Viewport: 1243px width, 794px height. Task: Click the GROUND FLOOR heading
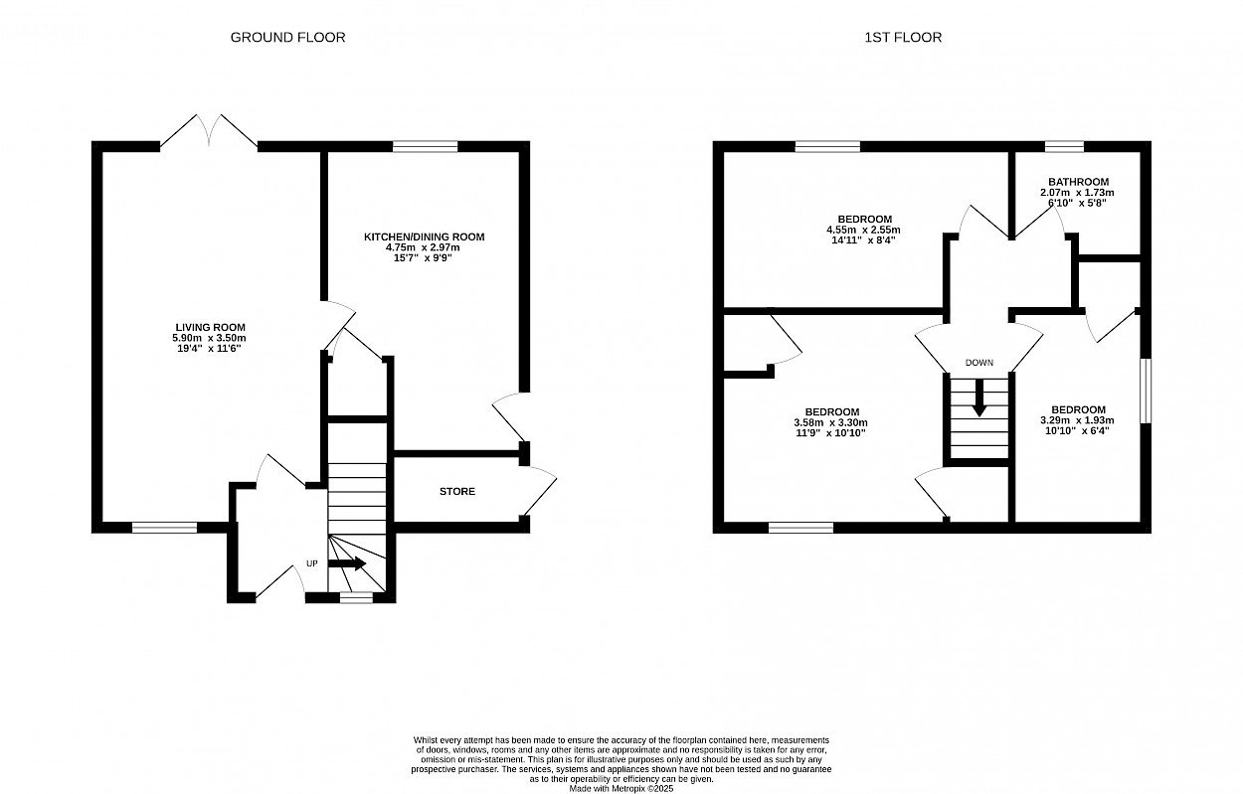pos(287,37)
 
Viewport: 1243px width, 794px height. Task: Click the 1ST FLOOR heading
pos(903,37)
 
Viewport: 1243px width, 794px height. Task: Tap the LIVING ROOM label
pos(210,328)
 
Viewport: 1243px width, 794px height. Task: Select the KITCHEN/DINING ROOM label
pos(424,238)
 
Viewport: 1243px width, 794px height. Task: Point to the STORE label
pos(457,491)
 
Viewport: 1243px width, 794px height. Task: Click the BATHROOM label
pos(1078,182)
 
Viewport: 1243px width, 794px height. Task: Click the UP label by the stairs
pos(312,563)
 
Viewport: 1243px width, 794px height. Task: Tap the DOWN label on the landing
pos(979,363)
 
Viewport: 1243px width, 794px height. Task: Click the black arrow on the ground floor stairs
pos(347,563)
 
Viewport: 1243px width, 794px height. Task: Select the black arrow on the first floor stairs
pos(979,397)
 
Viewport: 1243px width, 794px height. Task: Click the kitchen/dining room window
pos(425,146)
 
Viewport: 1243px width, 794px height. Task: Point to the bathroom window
pos(1064,146)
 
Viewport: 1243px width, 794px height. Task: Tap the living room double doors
pos(209,131)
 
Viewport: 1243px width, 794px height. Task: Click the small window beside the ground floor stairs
pos(356,597)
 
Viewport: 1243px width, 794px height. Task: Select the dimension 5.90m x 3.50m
pos(209,338)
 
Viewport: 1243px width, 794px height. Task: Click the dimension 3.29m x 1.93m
pos(1077,420)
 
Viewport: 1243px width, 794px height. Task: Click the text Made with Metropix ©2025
pos(621,788)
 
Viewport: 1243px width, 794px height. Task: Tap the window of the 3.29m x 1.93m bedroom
pos(1146,391)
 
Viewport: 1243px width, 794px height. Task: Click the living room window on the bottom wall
pos(164,528)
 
